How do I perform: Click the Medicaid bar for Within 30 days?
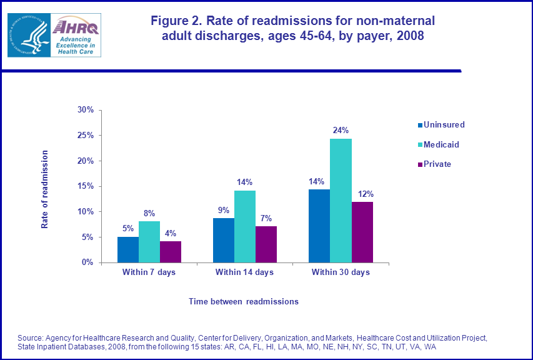pos(341,201)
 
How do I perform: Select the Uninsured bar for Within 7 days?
pos(128,249)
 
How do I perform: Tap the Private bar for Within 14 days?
pos(266,244)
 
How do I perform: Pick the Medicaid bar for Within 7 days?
pos(149,242)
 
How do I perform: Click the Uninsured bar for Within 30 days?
pos(319,226)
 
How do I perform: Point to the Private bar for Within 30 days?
pos(362,232)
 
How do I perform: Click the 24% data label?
pos(341,131)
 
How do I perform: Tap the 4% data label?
pos(171,233)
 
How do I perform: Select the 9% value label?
pos(223,210)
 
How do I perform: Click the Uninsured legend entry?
pos(444,124)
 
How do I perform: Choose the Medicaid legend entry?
pos(441,144)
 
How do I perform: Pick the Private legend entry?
pos(437,164)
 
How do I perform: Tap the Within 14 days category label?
pos(244,272)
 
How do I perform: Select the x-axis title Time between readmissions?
pos(244,301)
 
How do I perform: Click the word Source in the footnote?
pos(31,338)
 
